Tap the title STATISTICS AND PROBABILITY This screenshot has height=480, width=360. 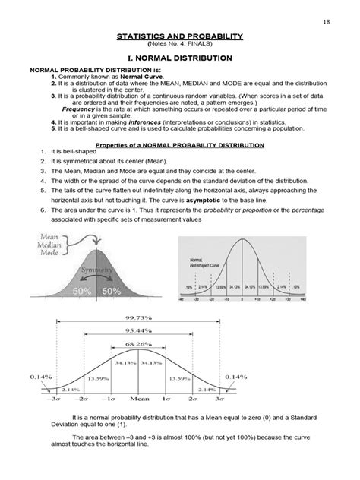point(179,36)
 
